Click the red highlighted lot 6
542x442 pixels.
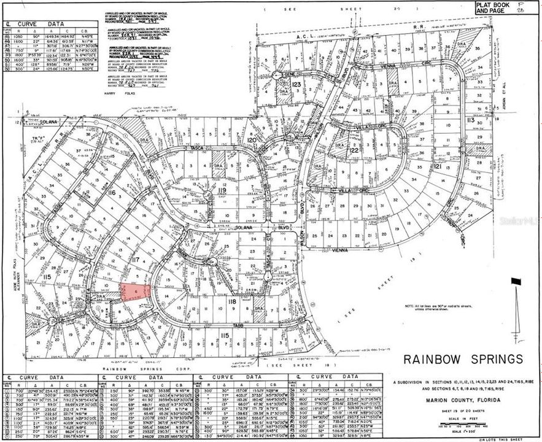tap(135, 292)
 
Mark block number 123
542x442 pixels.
tap(296, 83)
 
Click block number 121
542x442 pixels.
tap(437, 166)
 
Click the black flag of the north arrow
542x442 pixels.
tap(516, 282)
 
